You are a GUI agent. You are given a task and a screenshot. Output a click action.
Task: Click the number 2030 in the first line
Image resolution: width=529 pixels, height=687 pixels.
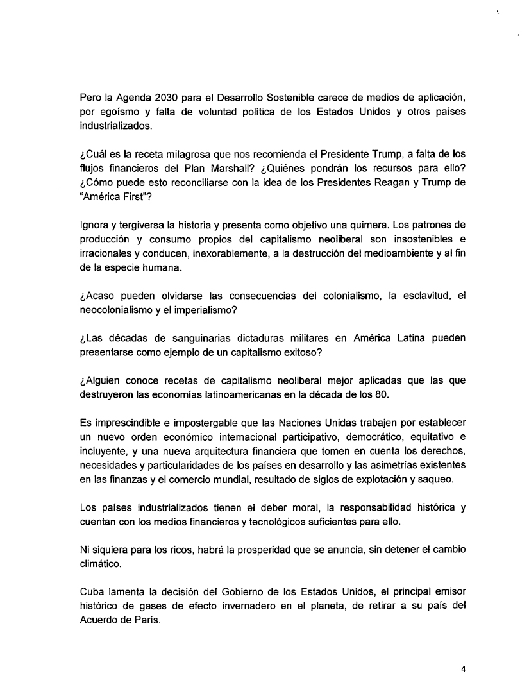[x=154, y=96]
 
